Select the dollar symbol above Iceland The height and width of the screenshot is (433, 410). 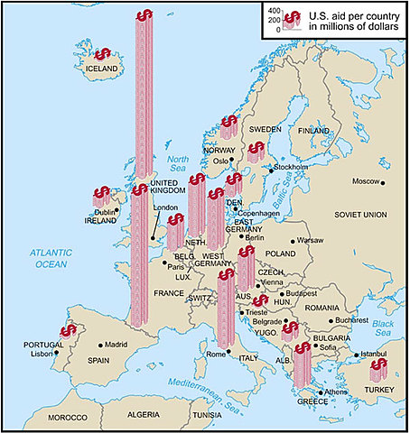pyautogui.click(x=103, y=55)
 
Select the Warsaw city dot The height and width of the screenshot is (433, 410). pyautogui.click(x=293, y=242)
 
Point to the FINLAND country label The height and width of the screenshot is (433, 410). pyautogui.click(x=313, y=131)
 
